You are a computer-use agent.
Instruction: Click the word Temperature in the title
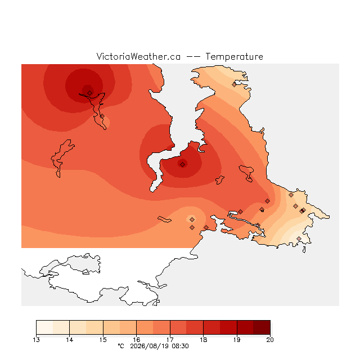(234, 56)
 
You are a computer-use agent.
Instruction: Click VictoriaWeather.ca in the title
(138, 56)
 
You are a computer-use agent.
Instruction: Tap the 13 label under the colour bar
(36, 340)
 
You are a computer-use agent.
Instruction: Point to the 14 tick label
(70, 340)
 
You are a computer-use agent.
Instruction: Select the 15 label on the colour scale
(103, 340)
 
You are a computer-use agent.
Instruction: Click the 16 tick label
(136, 340)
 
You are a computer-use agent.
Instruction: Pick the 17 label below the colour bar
(170, 340)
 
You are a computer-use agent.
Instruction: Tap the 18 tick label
(204, 340)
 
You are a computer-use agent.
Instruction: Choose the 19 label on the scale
(237, 340)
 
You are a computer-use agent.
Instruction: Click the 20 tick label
(270, 340)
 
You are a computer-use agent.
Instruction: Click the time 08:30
(180, 346)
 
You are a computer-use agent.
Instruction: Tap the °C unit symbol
(121, 346)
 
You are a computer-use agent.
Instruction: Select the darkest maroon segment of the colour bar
(262, 327)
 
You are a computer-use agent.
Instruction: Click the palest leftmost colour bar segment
(44, 327)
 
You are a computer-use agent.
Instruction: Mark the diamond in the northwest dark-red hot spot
(90, 93)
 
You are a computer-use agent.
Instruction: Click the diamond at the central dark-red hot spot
(182, 164)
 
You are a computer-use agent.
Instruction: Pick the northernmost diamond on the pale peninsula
(234, 84)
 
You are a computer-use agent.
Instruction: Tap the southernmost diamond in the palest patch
(299, 238)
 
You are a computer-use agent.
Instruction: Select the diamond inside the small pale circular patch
(192, 220)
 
